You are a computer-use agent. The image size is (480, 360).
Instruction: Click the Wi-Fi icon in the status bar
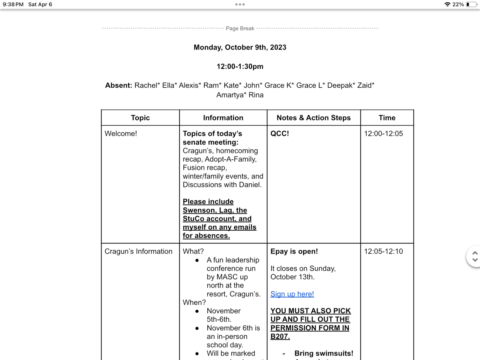447,4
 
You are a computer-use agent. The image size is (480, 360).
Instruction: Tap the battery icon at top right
471,4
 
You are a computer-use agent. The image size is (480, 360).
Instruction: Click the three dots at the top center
240,4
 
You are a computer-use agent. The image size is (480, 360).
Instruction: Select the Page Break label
240,28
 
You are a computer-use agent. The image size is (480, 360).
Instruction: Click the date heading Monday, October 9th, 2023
240,47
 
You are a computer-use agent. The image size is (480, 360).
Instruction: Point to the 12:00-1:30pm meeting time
240,66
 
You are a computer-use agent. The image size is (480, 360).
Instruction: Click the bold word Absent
118,85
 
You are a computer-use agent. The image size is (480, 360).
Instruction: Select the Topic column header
140,118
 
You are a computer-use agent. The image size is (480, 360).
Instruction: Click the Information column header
223,118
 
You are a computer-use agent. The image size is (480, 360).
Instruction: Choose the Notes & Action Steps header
313,118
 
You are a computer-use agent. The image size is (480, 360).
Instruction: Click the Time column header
387,118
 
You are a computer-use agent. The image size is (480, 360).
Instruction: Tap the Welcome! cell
121,133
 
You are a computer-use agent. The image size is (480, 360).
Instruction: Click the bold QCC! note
280,133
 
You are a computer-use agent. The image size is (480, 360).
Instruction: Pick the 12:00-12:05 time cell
383,133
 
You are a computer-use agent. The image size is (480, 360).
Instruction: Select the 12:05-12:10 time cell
383,251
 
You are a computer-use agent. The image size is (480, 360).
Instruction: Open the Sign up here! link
292,294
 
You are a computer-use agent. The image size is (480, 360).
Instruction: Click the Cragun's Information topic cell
138,251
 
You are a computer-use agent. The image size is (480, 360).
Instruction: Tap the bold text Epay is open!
294,251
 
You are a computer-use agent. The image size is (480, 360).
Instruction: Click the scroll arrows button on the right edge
474,256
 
